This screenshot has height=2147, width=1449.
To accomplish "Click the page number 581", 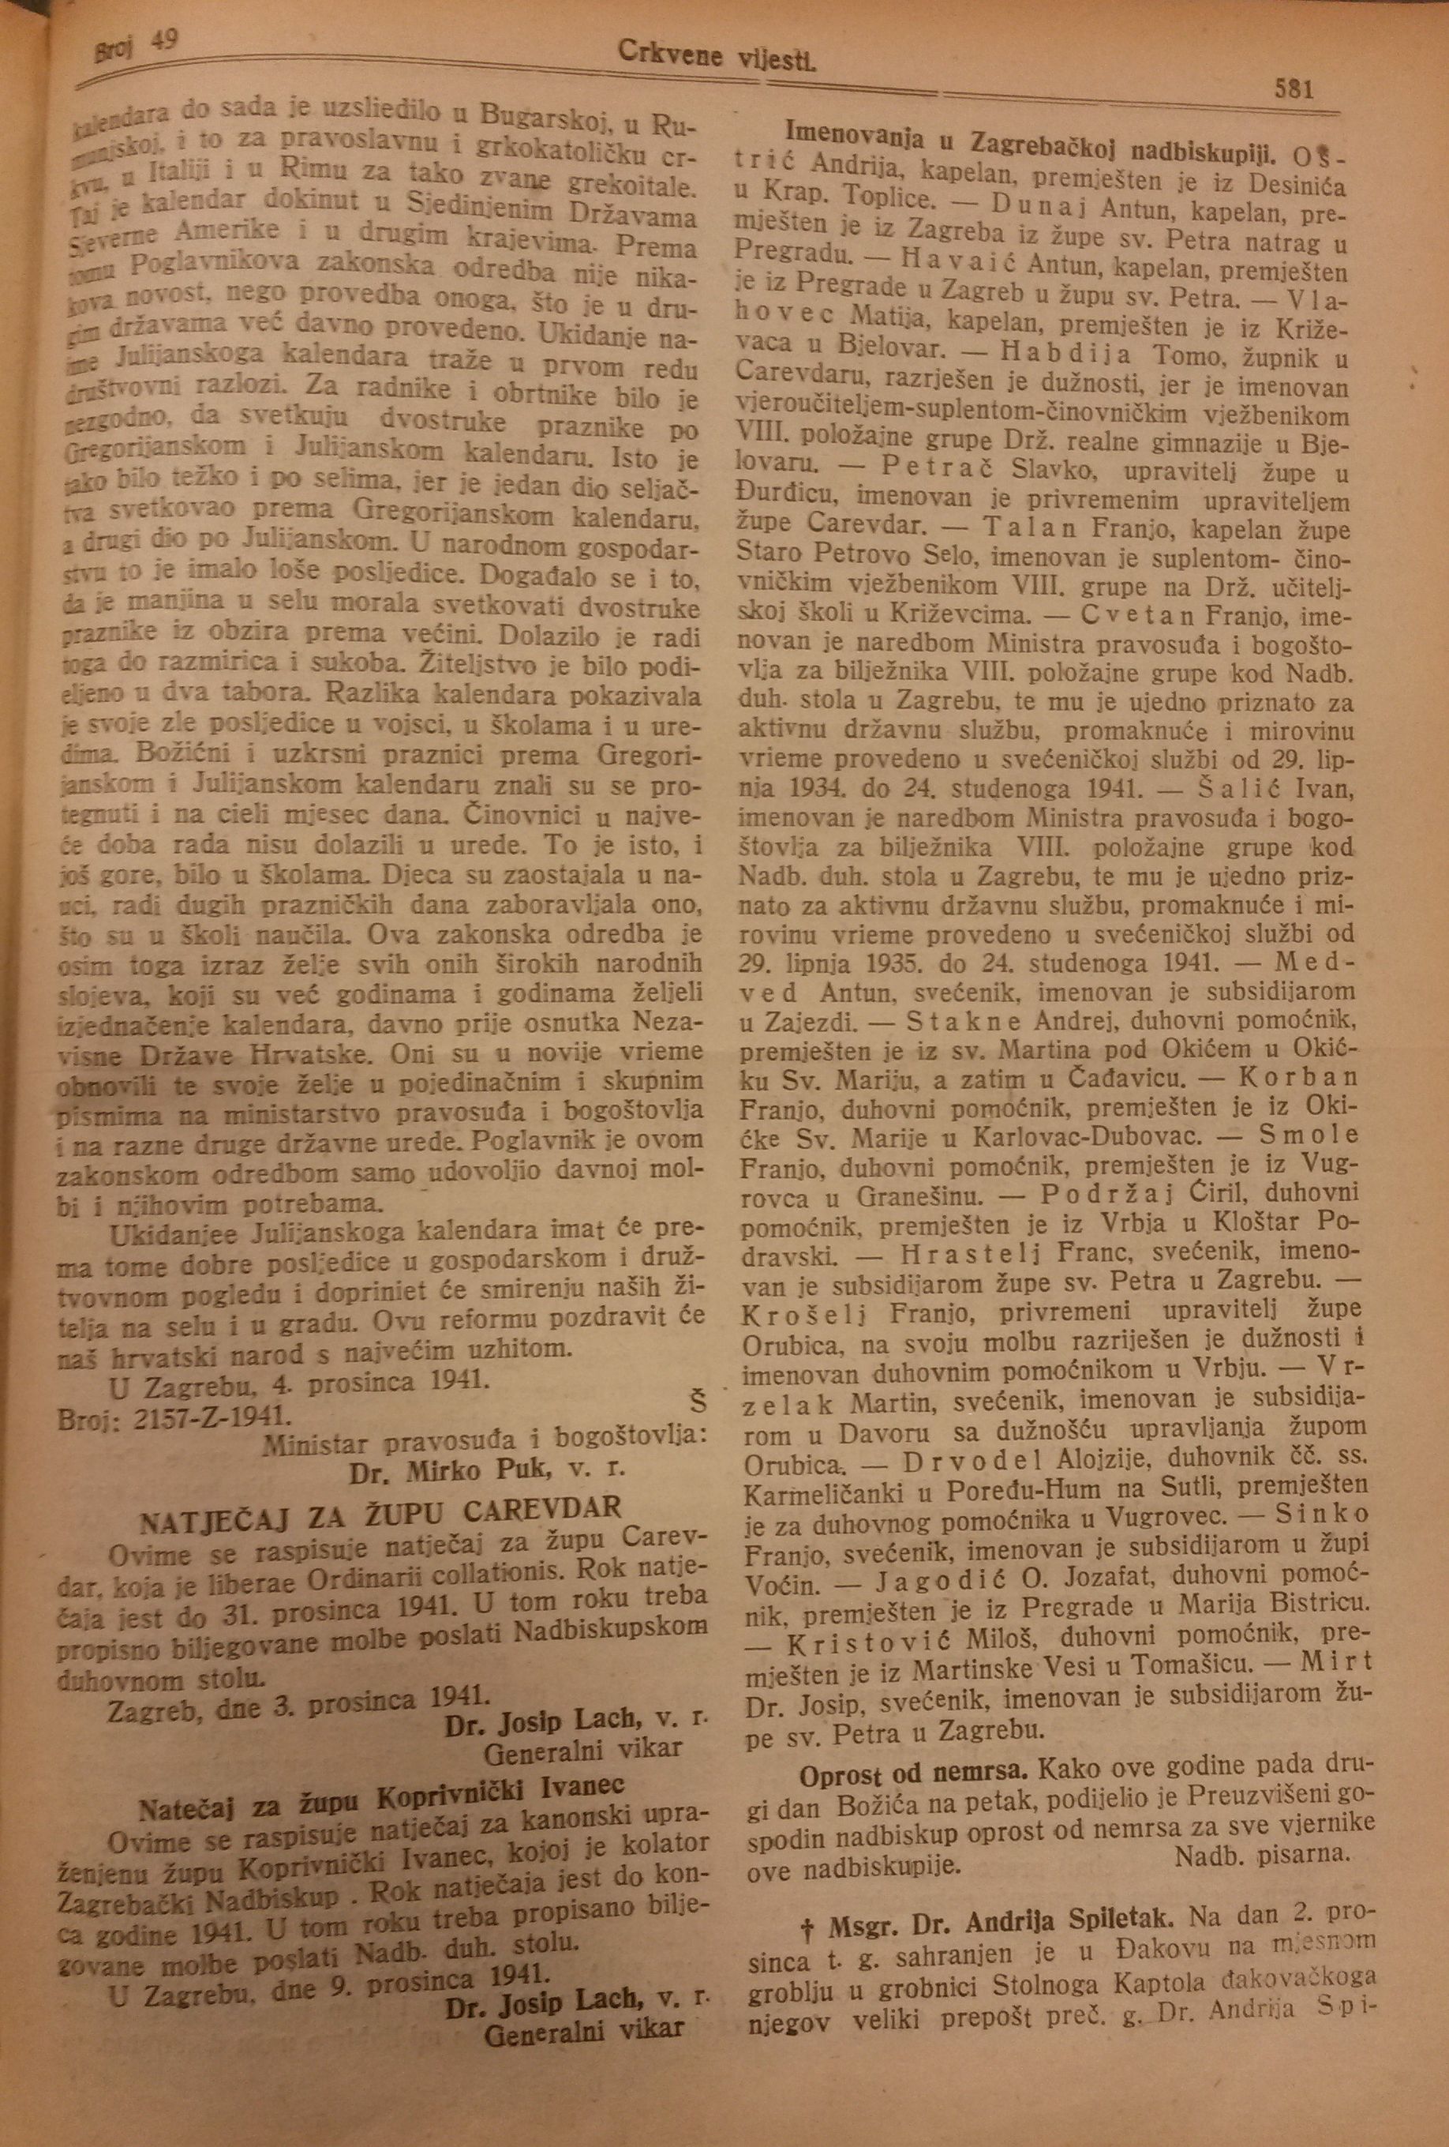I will click(1292, 89).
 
